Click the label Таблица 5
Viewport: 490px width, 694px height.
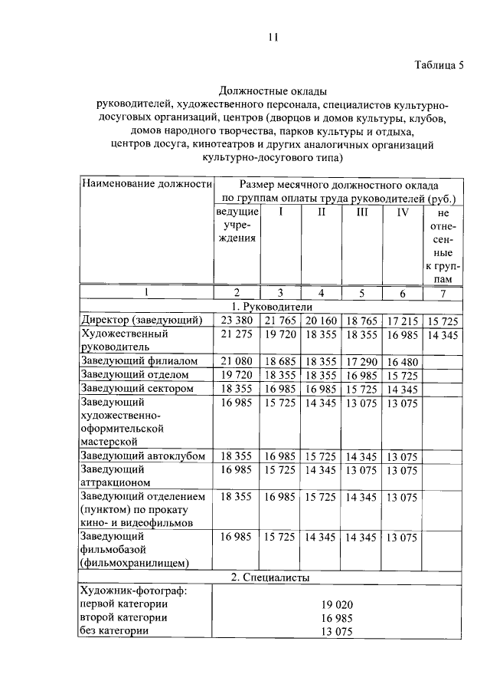click(x=439, y=65)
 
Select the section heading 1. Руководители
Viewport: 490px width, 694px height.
click(x=273, y=306)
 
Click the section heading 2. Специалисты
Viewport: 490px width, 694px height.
click(x=273, y=577)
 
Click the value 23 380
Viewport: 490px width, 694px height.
click(x=237, y=320)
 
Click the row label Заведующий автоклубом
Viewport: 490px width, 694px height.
click(x=143, y=456)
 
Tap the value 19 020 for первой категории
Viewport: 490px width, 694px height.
click(x=338, y=604)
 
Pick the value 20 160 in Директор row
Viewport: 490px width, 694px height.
click(x=321, y=320)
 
